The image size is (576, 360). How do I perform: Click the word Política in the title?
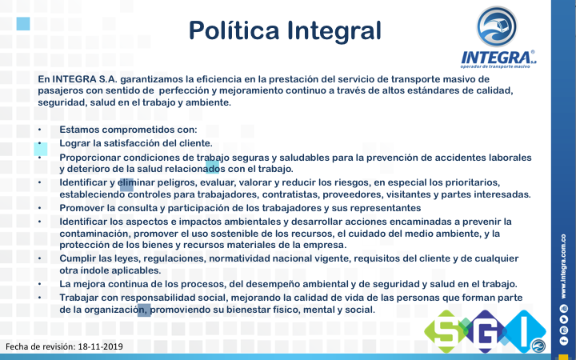point(234,30)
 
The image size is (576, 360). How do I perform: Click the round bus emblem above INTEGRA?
point(497,26)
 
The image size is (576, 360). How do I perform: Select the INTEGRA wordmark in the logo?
point(496,58)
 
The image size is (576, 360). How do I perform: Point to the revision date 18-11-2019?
point(100,346)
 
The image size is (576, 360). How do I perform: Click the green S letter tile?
point(446,331)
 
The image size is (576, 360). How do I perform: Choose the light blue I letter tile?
point(524,331)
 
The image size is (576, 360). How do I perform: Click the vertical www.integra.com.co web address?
point(563,266)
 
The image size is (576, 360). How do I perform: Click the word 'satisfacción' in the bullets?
point(137,143)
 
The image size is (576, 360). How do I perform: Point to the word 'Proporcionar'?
point(90,158)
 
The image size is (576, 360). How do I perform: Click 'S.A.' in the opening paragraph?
point(108,79)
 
